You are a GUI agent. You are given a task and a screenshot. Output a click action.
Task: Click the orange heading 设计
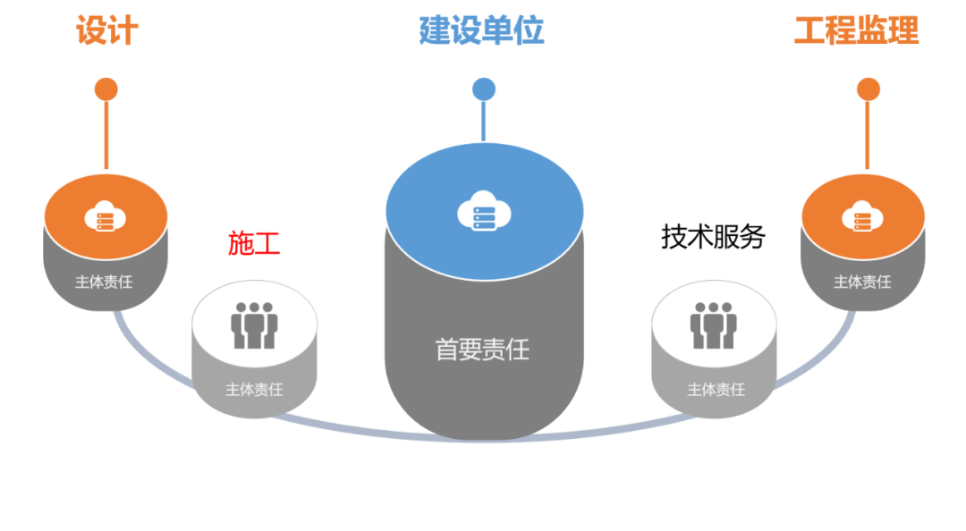point(107,30)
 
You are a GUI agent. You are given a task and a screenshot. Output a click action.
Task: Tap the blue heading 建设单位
point(482,30)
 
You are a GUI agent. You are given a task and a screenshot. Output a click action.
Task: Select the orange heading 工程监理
point(856,30)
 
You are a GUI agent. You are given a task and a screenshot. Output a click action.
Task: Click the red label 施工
point(254,243)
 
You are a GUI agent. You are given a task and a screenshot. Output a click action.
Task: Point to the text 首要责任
point(482,350)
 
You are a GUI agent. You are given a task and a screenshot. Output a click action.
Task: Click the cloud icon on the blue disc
point(483,212)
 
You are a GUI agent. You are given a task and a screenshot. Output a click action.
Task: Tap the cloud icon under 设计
point(106,216)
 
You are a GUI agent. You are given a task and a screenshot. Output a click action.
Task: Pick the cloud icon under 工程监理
point(862,216)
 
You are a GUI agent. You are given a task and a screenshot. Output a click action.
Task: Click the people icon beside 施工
point(255,324)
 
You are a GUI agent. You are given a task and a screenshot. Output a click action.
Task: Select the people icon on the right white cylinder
point(714,324)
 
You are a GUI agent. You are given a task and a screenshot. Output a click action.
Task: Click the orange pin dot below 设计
point(106,89)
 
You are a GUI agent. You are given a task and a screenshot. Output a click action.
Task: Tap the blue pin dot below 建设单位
point(484,88)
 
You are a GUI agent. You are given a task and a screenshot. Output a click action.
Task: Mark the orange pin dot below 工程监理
point(868,89)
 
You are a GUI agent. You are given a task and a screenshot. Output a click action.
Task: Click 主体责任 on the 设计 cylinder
point(104,282)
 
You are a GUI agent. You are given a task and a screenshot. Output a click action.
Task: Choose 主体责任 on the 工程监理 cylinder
point(862,282)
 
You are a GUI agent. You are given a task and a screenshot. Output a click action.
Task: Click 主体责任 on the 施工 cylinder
point(254,390)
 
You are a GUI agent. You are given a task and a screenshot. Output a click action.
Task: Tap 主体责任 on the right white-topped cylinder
point(716,390)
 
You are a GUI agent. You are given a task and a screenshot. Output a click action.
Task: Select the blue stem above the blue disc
point(484,121)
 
